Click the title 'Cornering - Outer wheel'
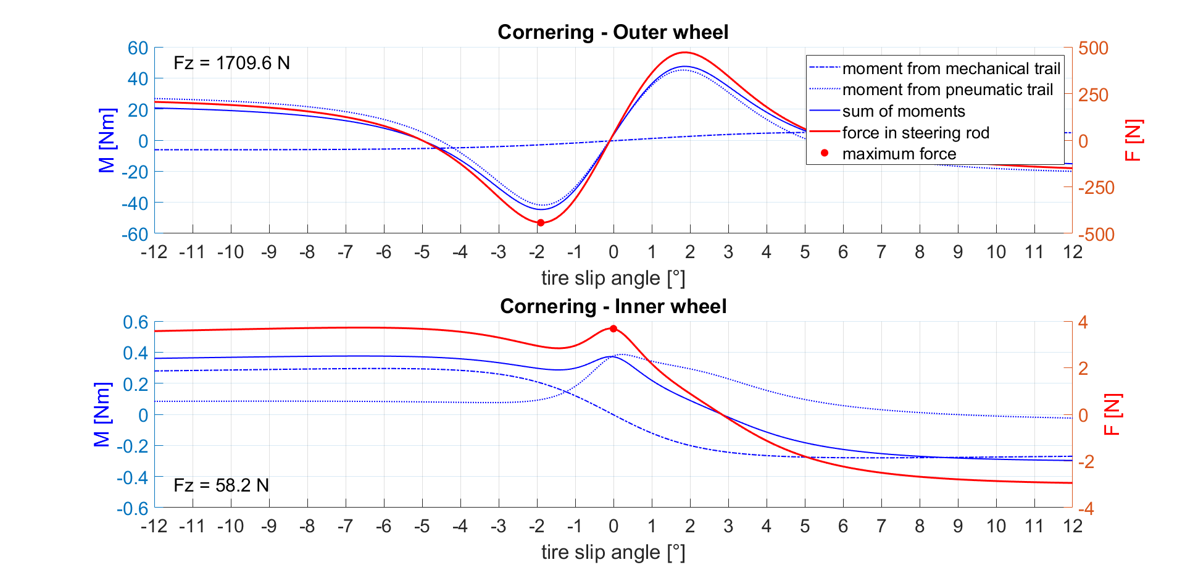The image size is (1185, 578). [613, 32]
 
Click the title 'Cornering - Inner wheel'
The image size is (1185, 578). [613, 306]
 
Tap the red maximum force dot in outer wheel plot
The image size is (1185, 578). [541, 223]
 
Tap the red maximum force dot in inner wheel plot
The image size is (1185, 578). [613, 329]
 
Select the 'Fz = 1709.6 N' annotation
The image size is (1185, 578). [231, 63]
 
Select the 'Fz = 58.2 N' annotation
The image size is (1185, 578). [221, 485]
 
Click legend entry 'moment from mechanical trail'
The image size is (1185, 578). [950, 69]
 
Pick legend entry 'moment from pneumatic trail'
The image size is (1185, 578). [947, 90]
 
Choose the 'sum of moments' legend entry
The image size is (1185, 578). [904, 111]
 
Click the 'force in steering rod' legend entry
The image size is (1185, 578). [915, 133]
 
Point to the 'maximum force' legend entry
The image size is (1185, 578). [899, 154]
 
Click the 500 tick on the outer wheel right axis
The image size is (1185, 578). [1093, 48]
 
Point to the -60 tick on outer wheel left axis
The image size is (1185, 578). [135, 234]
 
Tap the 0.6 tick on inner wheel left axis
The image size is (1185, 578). [136, 322]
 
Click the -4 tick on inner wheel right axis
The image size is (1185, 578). [1086, 509]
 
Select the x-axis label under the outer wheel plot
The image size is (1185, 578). [613, 279]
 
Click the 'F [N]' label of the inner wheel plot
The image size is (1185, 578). [1112, 415]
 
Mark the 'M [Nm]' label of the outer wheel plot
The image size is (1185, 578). [107, 140]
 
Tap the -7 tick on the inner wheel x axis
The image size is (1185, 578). [345, 526]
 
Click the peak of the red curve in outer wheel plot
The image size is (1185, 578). [686, 52]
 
